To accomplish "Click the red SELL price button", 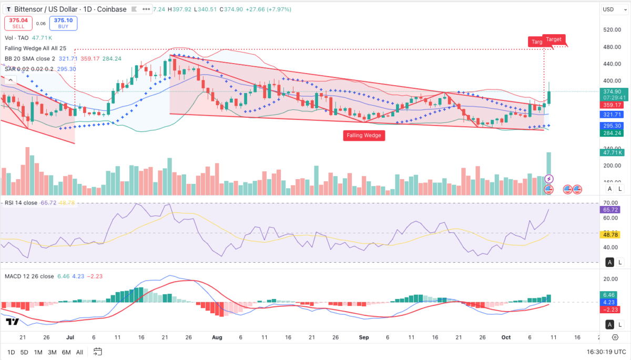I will pos(18,23).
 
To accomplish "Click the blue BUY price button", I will pos(63,23).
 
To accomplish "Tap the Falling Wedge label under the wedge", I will pos(364,135).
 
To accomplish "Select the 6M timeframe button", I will pos(66,352).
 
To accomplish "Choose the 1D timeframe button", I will pos(11,352).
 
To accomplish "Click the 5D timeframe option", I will pos(24,352).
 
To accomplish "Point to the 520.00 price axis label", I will pos(612,30).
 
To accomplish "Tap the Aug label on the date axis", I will pos(217,337).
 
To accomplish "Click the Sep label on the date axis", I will pos(363,337).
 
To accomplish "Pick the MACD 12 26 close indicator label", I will pos(29,276).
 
